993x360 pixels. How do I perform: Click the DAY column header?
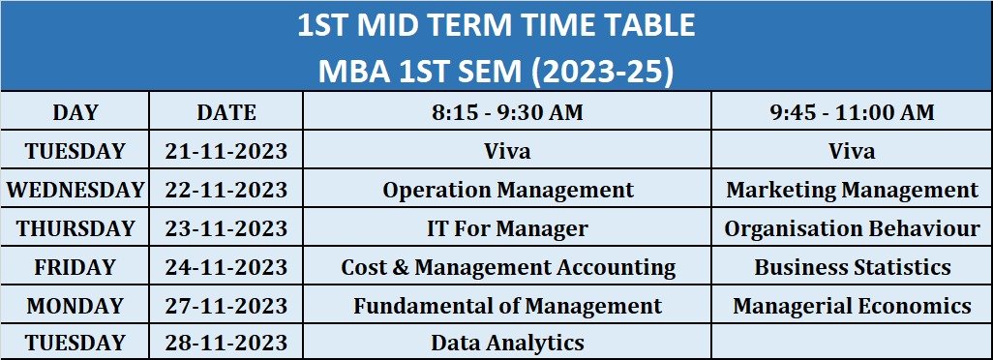(x=75, y=112)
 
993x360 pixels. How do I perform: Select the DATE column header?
(x=226, y=112)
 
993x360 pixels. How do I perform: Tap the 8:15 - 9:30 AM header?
(x=507, y=112)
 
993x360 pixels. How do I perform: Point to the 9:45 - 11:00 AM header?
(x=852, y=112)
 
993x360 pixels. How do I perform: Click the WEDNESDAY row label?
(x=75, y=190)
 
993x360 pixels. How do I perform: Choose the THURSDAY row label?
(x=75, y=228)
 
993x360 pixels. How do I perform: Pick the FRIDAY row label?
(x=75, y=267)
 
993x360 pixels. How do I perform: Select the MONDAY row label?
(x=75, y=306)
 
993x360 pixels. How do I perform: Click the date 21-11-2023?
(x=226, y=151)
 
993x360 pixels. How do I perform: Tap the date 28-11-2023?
(x=226, y=343)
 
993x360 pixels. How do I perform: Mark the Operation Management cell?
(x=507, y=190)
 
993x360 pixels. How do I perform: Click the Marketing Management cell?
(x=852, y=190)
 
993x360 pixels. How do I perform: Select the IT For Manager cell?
(x=507, y=228)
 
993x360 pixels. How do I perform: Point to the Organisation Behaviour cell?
(x=852, y=228)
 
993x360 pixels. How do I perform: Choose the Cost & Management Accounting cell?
(x=507, y=267)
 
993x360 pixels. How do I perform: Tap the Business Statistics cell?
(x=852, y=267)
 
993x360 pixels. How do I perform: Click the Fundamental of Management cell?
(x=507, y=306)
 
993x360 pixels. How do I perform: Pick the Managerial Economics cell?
(x=852, y=306)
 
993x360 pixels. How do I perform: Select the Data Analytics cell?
(x=507, y=343)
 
